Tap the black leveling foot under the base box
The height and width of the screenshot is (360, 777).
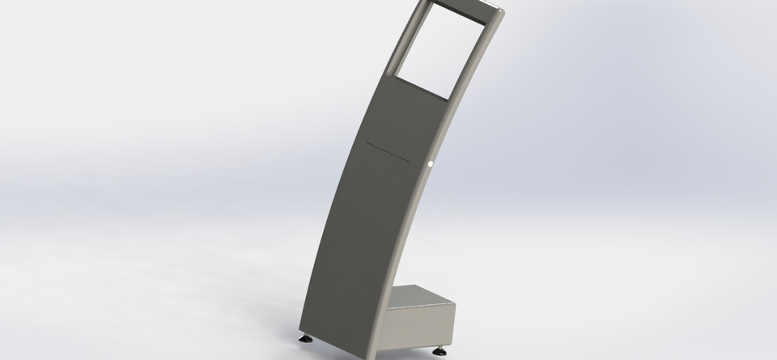442,351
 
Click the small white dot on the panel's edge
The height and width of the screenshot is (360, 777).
431,165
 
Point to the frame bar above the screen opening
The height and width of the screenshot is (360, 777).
461,7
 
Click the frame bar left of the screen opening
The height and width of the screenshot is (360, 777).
407,40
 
